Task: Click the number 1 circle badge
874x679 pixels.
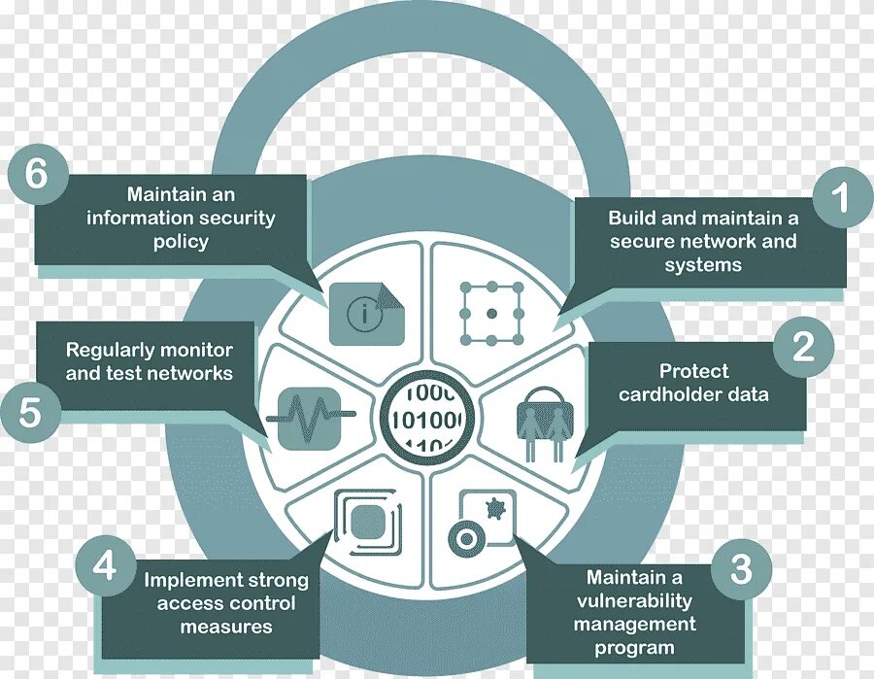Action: point(840,199)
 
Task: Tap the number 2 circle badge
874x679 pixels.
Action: point(803,348)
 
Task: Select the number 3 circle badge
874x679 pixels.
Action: point(740,570)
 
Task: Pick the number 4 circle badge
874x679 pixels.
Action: point(105,566)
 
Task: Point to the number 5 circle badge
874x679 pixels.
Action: point(31,413)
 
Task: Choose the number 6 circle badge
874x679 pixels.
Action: point(37,175)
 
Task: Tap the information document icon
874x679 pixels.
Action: point(366,313)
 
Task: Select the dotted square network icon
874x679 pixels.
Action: point(491,313)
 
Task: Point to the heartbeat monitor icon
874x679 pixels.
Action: point(310,418)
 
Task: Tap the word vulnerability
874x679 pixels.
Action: point(632,601)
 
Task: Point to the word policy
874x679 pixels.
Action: point(181,242)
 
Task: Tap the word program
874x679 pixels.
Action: point(634,648)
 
